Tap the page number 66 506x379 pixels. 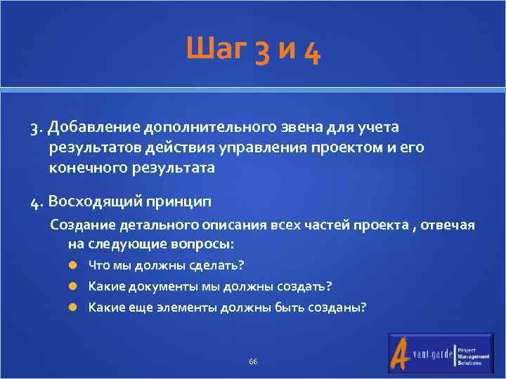pos(253,361)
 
